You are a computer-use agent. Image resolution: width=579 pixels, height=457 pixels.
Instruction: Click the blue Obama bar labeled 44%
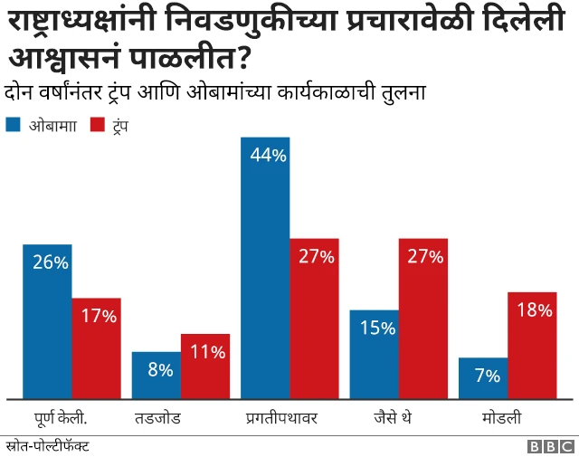[x=265, y=268]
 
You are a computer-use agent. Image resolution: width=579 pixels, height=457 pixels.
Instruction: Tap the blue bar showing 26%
[x=47, y=321]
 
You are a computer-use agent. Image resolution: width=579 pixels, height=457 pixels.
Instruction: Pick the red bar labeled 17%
[x=97, y=348]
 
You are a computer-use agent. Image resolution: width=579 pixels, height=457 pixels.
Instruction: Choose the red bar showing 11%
[x=205, y=367]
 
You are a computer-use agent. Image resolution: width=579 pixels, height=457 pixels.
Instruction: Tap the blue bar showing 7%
[x=483, y=378]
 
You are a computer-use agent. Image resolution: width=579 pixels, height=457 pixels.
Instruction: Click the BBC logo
[x=551, y=446]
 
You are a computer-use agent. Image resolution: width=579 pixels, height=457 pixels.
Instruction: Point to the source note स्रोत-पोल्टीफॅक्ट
[x=47, y=446]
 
